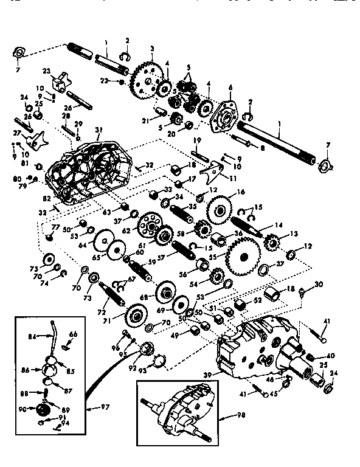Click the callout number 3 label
coord(151,49)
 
